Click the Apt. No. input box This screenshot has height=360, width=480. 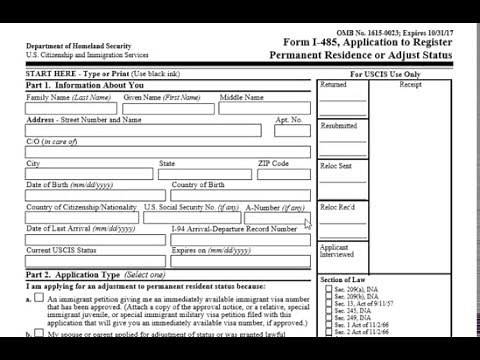[x=289, y=131]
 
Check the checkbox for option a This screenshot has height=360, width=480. [x=39, y=298]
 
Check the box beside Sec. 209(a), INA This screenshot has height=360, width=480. [x=329, y=289]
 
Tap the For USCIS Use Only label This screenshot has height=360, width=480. [x=385, y=75]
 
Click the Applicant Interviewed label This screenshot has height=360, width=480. [x=335, y=250]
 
